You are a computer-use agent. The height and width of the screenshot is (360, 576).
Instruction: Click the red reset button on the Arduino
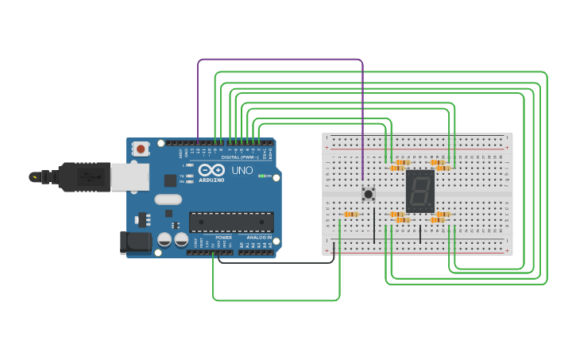click(x=141, y=148)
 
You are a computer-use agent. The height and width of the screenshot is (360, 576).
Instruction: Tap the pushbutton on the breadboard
click(x=368, y=193)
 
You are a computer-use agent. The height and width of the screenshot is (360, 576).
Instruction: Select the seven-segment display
click(x=419, y=191)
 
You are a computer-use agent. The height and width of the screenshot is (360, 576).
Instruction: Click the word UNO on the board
click(x=242, y=171)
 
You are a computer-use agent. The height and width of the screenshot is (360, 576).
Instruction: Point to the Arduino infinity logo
click(x=212, y=170)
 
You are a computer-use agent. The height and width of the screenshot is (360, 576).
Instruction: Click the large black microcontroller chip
click(x=231, y=223)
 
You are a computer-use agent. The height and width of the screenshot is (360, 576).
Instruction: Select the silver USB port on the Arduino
click(x=130, y=177)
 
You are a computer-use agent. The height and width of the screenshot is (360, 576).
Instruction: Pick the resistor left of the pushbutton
click(x=350, y=215)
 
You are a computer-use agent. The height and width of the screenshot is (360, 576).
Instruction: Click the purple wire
click(x=278, y=60)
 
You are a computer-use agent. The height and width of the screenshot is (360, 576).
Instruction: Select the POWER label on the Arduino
click(x=223, y=237)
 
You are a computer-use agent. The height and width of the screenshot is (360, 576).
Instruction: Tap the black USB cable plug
click(x=79, y=176)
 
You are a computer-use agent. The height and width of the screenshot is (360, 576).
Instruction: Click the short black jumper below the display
click(x=420, y=234)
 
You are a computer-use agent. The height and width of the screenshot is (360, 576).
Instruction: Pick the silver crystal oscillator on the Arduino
click(x=168, y=199)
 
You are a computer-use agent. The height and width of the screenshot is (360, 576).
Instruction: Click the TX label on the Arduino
click(x=182, y=176)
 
